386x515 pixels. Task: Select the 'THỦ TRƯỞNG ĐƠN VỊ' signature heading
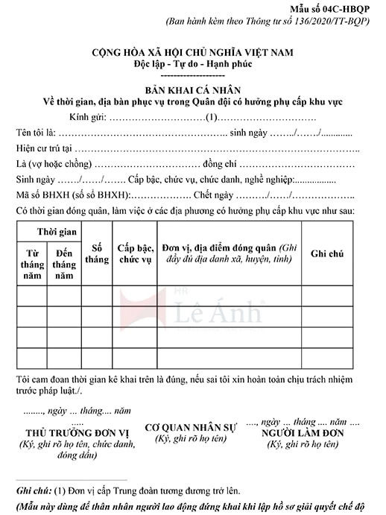pyautogui.click(x=67, y=432)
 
